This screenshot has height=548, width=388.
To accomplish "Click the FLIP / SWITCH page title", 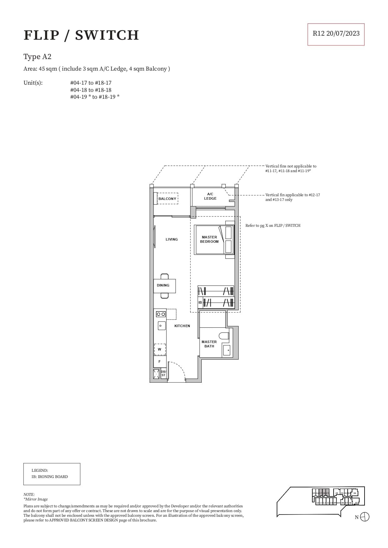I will [x=81, y=35].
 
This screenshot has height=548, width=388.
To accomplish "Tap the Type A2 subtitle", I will [x=37, y=57].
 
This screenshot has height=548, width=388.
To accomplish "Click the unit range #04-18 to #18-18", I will [x=91, y=90].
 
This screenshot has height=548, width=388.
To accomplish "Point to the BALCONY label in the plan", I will [x=167, y=199].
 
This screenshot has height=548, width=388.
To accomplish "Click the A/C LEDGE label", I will [x=210, y=196].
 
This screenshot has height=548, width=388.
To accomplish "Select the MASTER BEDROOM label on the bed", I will [x=209, y=239].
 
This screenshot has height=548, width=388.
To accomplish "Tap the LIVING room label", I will [x=172, y=239].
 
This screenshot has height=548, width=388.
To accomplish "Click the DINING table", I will [x=164, y=286].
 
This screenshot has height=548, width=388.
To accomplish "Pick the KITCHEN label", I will [x=182, y=326].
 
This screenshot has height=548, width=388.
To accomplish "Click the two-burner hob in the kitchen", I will [x=161, y=314].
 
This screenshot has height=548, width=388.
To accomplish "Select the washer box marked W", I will [x=159, y=349].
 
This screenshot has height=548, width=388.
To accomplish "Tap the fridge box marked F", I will [x=159, y=361].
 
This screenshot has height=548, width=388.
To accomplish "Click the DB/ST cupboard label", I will [x=163, y=373].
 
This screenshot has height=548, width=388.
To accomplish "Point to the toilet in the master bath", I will [x=224, y=336].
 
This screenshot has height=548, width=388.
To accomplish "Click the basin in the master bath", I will [x=227, y=350].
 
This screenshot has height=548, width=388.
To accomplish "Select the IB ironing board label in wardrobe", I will [x=200, y=302].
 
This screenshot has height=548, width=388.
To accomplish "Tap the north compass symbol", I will [x=365, y=517].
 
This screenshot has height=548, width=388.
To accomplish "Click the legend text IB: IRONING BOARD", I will [x=50, y=477].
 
